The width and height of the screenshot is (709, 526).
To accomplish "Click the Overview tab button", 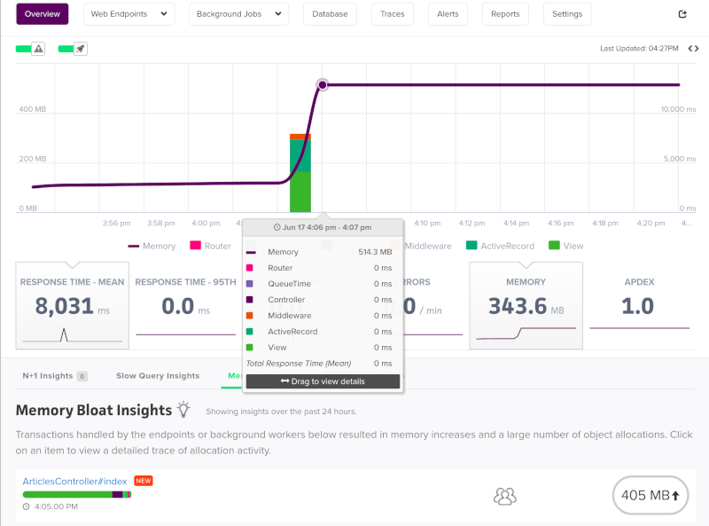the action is pos(42,14).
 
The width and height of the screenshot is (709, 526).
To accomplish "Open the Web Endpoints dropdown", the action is pos(129,14).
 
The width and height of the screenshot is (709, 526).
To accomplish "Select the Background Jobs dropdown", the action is pos(238,14).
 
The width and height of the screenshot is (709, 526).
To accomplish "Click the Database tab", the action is pos(330,14).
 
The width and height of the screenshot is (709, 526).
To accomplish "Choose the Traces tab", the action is pos(393,14).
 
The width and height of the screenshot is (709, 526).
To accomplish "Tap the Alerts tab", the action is pos(448,14).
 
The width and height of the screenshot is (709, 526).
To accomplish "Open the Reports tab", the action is pos(505,14).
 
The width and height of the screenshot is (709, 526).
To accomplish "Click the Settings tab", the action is pos(567,14).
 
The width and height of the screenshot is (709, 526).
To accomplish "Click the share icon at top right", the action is pos(682,14).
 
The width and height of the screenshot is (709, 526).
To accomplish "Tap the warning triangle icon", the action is pos(39,49).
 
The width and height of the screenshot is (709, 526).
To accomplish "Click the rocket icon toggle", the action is pos(81,49).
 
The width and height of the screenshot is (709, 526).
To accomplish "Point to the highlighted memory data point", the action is pos(323,84).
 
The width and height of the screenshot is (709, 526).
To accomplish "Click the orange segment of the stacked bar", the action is pos(300,137).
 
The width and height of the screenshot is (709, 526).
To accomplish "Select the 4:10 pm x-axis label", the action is pos(427,224).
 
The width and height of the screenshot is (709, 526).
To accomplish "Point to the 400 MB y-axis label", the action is pos(33,109).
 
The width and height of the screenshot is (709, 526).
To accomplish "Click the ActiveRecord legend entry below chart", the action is pos(500,246).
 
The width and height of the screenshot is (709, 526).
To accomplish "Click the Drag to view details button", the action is pos(323,381).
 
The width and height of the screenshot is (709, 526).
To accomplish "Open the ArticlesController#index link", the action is pos(74,481).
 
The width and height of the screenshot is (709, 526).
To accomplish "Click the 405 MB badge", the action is pos(651,495).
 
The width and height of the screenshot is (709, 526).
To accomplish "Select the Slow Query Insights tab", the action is pos(158,376).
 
